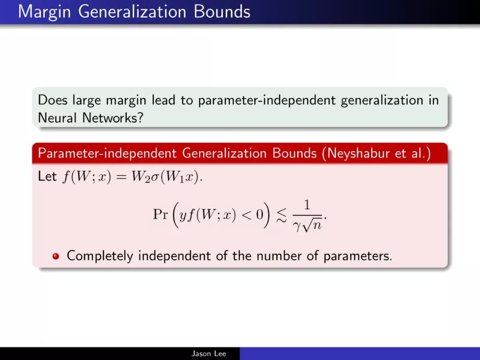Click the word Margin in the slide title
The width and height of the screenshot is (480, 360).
[45, 12]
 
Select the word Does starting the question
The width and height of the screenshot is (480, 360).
[52, 100]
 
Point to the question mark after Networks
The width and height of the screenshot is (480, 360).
[140, 117]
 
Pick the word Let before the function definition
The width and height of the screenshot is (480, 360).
[47, 176]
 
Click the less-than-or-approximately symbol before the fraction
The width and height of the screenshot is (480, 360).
[281, 215]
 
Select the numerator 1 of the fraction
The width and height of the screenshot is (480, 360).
[307, 204]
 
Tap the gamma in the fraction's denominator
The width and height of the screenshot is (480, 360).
[296, 227]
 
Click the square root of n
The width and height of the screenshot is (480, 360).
[312, 225]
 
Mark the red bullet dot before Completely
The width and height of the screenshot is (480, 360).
[56, 256]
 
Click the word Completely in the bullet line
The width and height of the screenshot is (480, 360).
[100, 256]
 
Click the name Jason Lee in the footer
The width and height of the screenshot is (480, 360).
[209, 354]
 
